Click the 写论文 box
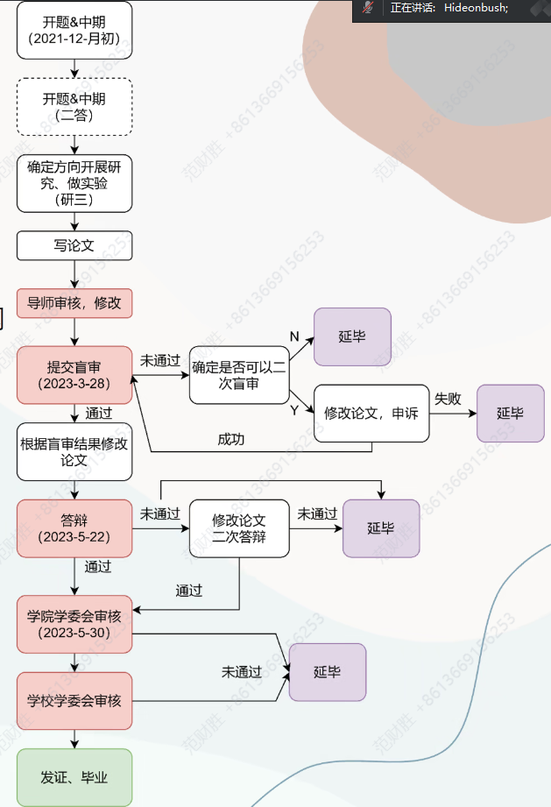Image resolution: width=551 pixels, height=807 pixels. point(74,245)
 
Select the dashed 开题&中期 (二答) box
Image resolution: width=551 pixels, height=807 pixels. point(74,107)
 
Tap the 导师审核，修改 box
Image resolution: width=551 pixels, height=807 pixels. point(74,304)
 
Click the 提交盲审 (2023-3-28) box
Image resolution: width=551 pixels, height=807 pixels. point(74,376)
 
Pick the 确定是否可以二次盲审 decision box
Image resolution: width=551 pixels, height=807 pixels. point(239,376)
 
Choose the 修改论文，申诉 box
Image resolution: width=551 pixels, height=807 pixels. point(371,413)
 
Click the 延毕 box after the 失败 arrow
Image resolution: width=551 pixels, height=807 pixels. point(510,413)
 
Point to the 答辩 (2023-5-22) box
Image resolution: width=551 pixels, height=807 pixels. point(74,528)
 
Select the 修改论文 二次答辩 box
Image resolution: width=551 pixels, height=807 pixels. point(239,528)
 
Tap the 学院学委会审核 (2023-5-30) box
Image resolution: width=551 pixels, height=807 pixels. point(74,624)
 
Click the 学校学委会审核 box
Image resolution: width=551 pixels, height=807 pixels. point(74,701)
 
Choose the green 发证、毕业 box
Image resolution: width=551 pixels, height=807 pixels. point(74,777)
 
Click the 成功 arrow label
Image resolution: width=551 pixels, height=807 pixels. point(231,439)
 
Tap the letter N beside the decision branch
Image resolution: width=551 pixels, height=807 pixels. point(293,336)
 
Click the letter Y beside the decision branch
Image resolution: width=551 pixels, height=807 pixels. point(293,410)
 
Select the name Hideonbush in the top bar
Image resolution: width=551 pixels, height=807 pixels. point(475,8)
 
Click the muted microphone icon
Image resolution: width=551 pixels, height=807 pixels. point(369,8)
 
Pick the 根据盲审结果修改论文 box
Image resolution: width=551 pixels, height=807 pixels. point(74,451)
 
